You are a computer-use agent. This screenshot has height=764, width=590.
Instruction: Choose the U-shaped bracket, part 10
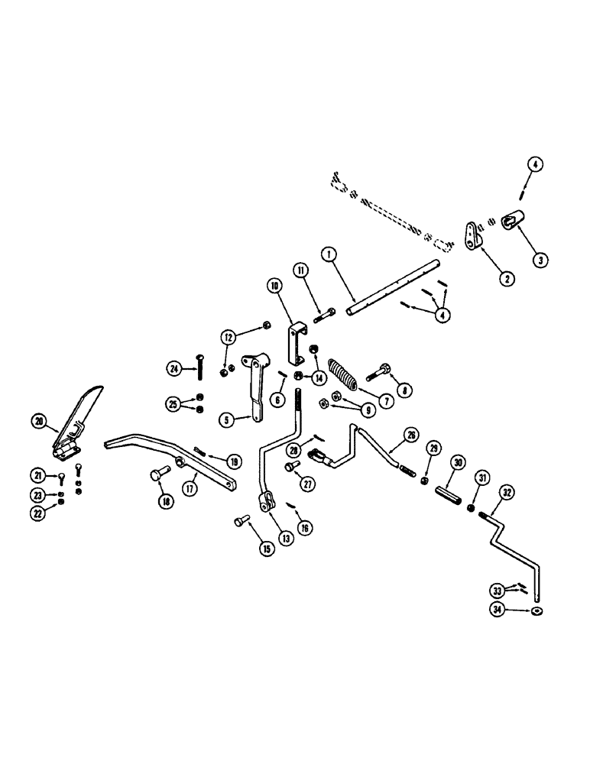point(296,345)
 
